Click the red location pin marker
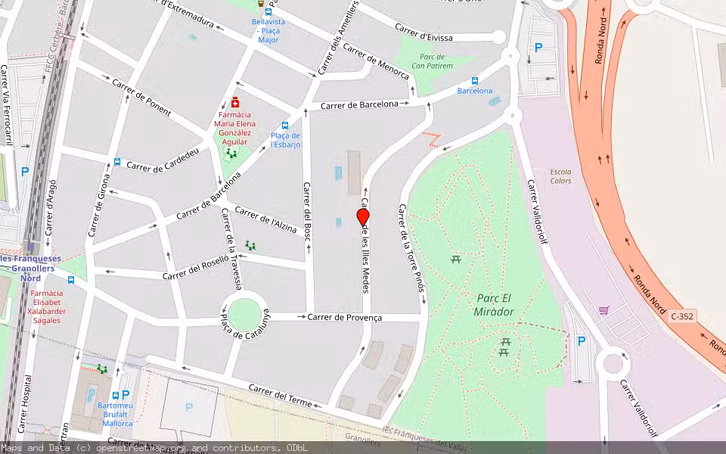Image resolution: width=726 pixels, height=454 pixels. (x=363, y=216)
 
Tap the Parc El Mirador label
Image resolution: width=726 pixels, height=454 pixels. (x=495, y=304)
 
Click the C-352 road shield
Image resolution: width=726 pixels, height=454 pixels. (x=682, y=316)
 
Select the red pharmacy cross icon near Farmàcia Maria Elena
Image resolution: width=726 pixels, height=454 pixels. (x=235, y=102)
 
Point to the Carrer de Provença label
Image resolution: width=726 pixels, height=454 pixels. (x=344, y=317)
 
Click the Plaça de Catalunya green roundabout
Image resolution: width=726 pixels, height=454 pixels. (x=244, y=315)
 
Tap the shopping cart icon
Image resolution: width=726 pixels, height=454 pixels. (x=603, y=310)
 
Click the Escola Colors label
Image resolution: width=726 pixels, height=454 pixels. (x=561, y=176)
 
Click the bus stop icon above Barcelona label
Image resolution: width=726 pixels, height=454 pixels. (x=475, y=81)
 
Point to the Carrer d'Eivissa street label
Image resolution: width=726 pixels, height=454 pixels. (x=423, y=33)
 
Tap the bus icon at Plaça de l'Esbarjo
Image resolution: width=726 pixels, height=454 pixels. (x=285, y=126)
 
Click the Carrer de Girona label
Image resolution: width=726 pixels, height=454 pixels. (x=99, y=205)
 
